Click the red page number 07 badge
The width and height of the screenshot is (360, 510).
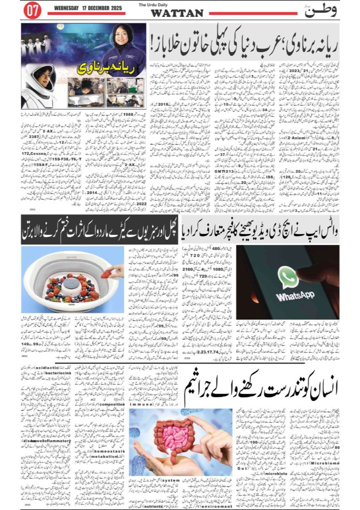point(32,11)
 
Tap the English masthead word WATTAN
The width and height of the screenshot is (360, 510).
point(177,13)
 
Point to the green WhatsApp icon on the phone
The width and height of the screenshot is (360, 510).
point(288,277)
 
